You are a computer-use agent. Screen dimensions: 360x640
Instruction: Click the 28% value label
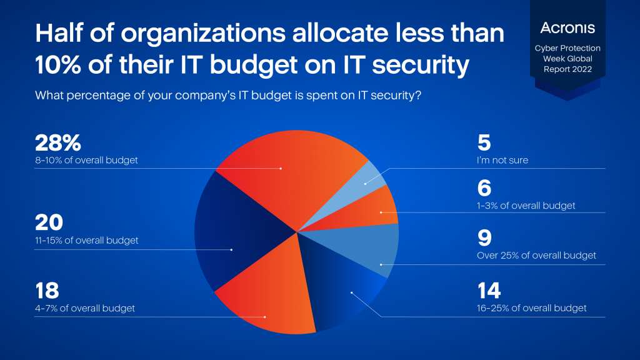(58, 143)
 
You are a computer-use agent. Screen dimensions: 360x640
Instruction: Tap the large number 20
(49, 223)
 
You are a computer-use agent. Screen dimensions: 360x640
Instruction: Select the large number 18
(47, 291)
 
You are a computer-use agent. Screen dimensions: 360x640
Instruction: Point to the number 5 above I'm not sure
(484, 143)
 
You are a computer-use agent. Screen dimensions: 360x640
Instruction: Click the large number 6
(484, 188)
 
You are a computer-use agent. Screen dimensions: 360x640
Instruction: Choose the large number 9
(484, 238)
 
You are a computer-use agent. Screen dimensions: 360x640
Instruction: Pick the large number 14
(489, 291)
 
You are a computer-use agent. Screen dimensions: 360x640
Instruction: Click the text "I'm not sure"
(502, 161)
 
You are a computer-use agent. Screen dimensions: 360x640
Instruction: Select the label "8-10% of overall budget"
(87, 161)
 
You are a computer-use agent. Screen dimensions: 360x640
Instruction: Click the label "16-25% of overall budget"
(532, 308)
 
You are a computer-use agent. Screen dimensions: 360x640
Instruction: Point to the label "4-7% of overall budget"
(85, 308)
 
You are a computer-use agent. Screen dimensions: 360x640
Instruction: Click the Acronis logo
(567, 27)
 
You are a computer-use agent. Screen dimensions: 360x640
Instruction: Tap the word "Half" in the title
(60, 33)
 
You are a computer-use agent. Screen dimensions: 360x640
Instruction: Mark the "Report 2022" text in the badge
(567, 69)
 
